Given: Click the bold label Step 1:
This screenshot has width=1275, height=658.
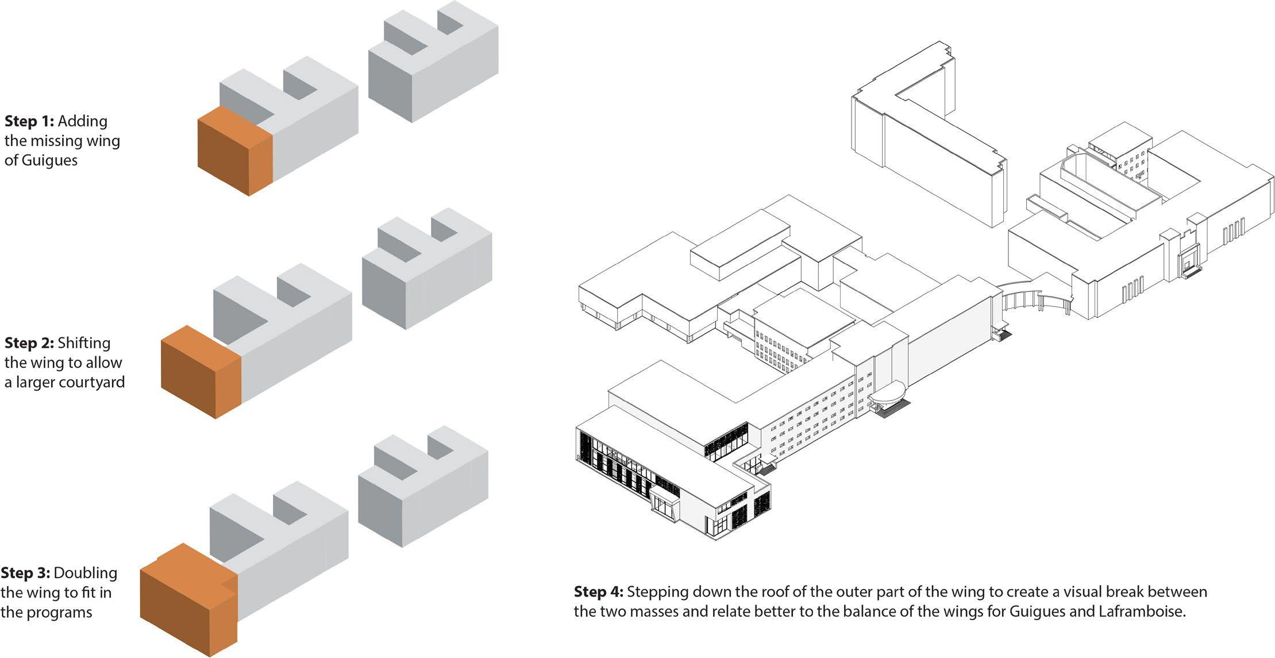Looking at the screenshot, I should coord(29,121).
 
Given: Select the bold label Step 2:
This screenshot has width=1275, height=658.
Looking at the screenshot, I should coord(29,343).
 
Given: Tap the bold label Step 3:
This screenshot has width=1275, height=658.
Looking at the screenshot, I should coord(25,573).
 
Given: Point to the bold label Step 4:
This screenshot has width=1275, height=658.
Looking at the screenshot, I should coord(598,592).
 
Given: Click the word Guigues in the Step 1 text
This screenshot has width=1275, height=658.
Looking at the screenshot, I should coord(49,160).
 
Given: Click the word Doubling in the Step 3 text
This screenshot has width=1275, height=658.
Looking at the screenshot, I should coord(86,573).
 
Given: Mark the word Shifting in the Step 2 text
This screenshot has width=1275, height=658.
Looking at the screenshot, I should coord(84,343).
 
